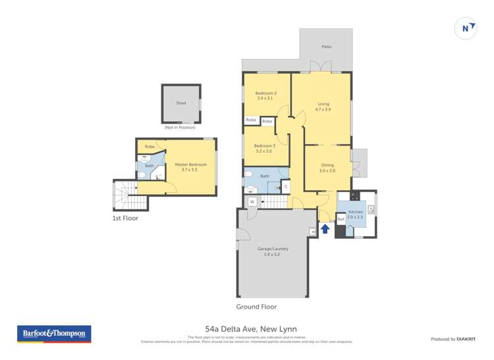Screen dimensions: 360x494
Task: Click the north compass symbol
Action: [466, 28]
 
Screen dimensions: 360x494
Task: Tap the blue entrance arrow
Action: [324, 228]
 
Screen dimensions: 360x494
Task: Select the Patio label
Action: [327, 47]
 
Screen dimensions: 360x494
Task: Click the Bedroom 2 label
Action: [265, 93]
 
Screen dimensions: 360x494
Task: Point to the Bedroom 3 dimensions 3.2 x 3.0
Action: [264, 151]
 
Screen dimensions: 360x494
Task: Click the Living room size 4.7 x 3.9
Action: [323, 109]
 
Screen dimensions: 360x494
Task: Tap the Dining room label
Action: [327, 165]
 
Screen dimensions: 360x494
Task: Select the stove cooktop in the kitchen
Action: [354, 195]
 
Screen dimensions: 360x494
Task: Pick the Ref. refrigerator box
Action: [341, 219]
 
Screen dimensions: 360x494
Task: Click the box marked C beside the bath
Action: [285, 187]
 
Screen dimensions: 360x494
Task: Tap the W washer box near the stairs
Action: [252, 201]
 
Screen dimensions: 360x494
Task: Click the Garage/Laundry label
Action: [273, 249]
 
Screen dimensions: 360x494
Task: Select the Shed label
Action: [180, 103]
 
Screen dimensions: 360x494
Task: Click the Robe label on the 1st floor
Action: [150, 146]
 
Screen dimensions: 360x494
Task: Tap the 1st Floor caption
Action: [124, 218]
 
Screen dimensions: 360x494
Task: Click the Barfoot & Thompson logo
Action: [54, 334]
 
